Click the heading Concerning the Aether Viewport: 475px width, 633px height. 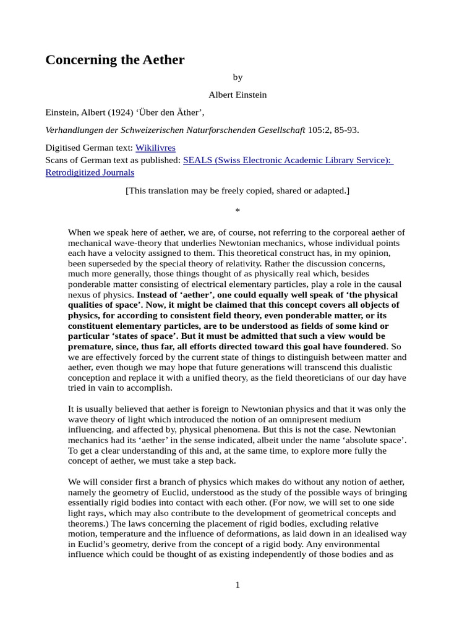[115, 60]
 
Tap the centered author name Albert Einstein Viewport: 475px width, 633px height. [237, 95]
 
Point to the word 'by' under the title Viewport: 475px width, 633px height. [237, 77]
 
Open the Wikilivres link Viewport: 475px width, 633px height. [155, 148]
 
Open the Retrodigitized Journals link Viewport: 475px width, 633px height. [90, 172]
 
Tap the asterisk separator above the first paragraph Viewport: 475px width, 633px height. [237, 211]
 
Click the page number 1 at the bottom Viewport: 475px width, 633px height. [237, 585]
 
